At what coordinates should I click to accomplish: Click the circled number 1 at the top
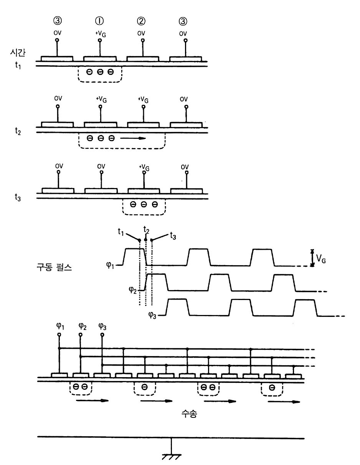click(x=101, y=21)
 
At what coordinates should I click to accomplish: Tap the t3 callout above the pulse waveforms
click(x=173, y=236)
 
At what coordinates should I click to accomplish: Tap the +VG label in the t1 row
click(x=101, y=33)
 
